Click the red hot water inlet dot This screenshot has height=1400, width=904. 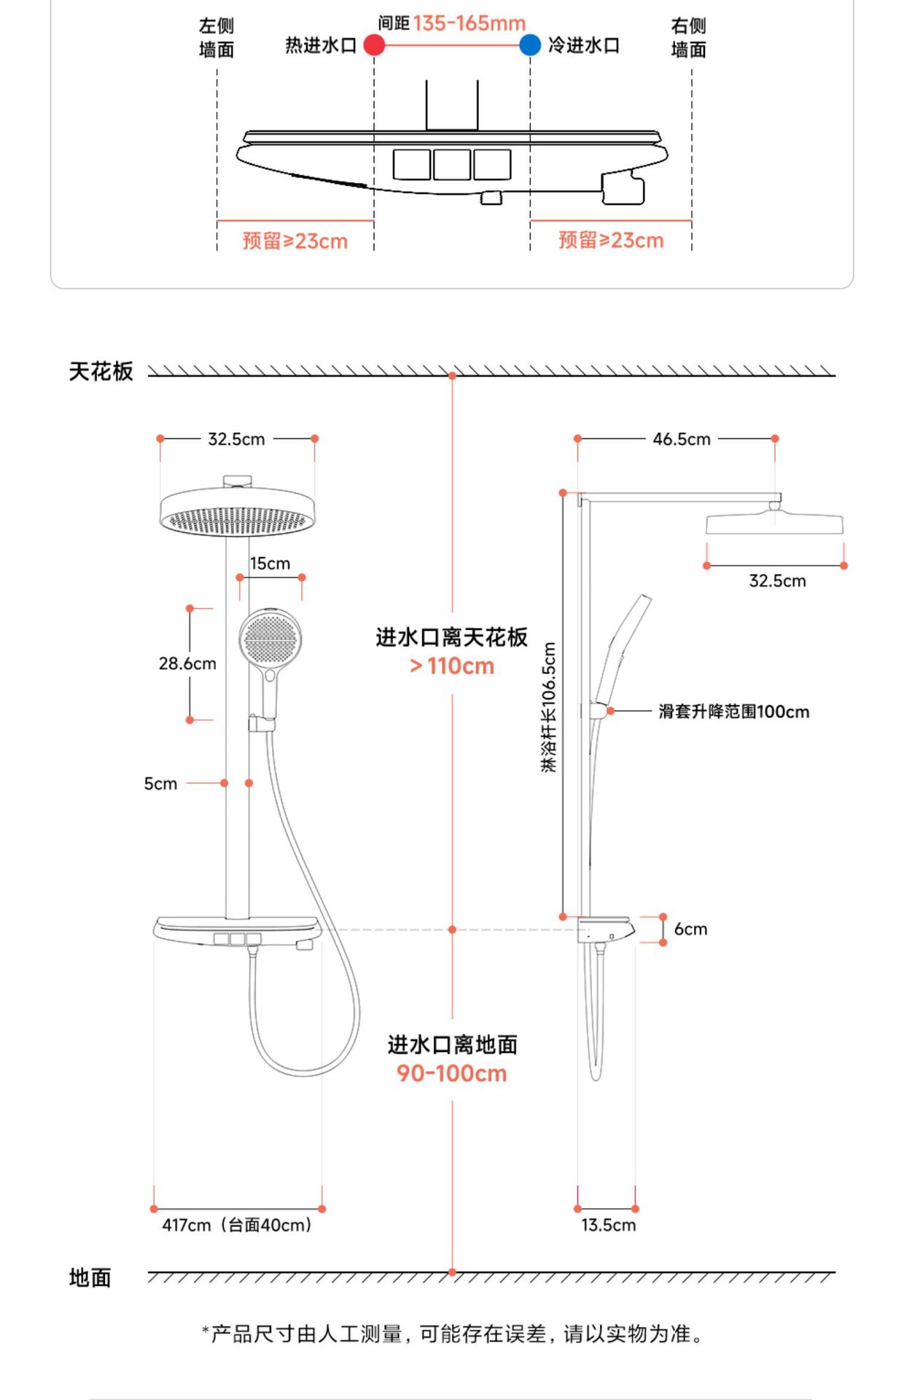[x=374, y=45]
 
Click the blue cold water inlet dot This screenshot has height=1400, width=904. [x=530, y=45]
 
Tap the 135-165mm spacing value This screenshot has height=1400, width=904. [x=469, y=23]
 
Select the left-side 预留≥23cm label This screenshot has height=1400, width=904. [x=295, y=241]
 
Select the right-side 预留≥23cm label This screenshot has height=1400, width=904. [x=611, y=241]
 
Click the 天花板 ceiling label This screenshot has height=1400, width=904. [x=101, y=372]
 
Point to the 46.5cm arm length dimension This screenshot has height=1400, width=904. [x=682, y=439]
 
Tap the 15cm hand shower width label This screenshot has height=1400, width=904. [x=270, y=564]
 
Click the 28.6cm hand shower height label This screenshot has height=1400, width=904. [x=187, y=664]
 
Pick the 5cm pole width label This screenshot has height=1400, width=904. [x=160, y=784]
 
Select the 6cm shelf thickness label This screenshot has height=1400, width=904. [x=690, y=929]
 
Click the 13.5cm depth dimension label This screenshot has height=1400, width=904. [x=608, y=1226]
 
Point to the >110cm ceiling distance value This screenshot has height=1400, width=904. [x=452, y=666]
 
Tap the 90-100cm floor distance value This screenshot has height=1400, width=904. [x=452, y=1073]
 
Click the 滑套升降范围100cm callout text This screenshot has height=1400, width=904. [x=733, y=712]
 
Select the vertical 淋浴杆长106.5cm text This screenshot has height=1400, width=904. [x=549, y=707]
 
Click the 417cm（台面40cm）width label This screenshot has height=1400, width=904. [x=237, y=1226]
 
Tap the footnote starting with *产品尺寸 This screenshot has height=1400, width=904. [x=452, y=1334]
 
